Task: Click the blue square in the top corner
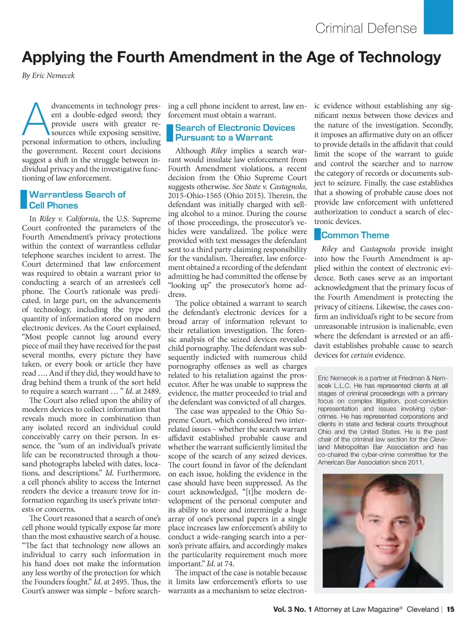[x=438, y=17]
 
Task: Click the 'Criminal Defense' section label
[x=366, y=28]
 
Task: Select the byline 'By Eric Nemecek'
[x=48, y=76]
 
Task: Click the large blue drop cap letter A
[x=36, y=119]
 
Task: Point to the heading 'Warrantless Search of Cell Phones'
[x=77, y=200]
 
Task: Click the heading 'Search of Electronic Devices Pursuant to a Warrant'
[x=235, y=133]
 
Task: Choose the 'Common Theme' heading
[x=355, y=235]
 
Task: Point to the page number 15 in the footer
[x=450, y=609]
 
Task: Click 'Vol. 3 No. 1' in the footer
[x=292, y=609]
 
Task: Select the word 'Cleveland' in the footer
[x=423, y=609]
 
